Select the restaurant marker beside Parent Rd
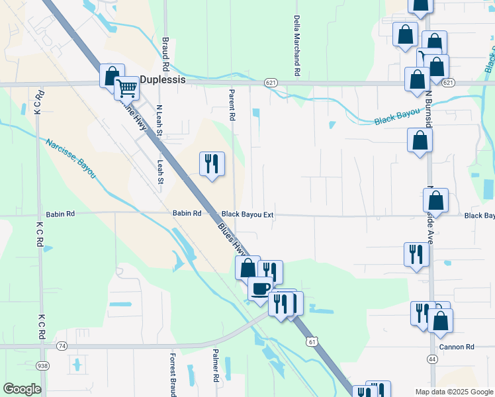212,163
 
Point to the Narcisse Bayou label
71,158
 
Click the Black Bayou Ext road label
247,214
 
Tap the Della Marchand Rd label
297,45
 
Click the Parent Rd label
232,105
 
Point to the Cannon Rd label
457,347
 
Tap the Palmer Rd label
216,366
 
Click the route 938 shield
43,365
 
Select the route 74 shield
62,346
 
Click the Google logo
22,389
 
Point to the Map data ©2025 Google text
453,392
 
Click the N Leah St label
159,121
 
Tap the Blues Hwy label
232,240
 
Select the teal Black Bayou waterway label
397,117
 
